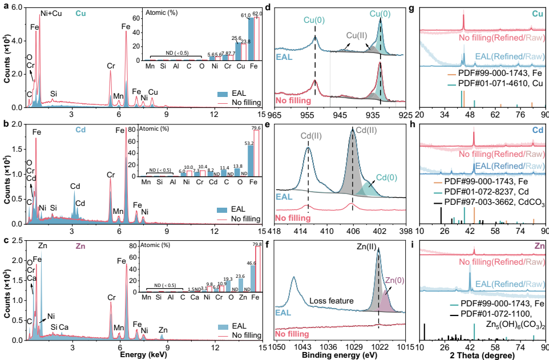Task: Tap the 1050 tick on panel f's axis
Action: coord(277,346)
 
